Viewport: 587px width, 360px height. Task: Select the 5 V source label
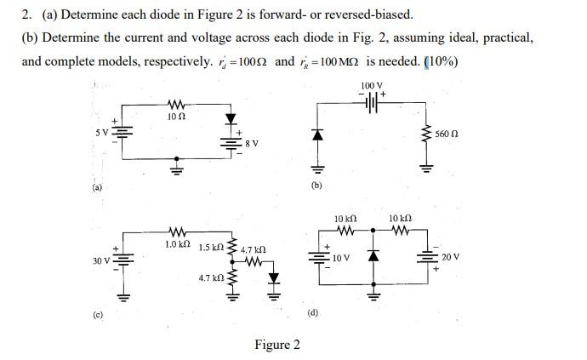tap(101, 132)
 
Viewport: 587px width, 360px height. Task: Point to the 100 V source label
tap(371, 86)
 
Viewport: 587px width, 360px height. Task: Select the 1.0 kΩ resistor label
tap(177, 244)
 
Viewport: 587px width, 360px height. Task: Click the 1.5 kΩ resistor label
tap(210, 248)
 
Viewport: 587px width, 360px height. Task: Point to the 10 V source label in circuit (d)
tap(341, 257)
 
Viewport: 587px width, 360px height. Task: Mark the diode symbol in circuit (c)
tap(274, 277)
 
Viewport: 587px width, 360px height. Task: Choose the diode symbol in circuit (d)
tap(372, 256)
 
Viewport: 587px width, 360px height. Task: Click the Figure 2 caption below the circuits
tap(277, 345)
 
